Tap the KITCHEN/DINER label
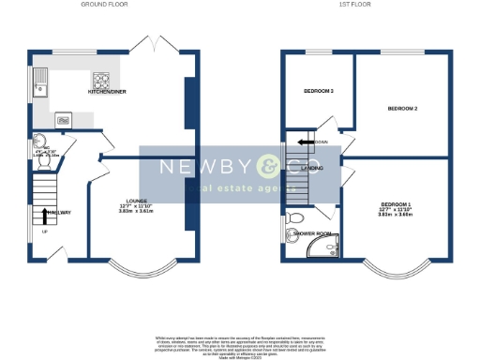pos(107,92)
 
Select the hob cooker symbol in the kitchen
pos(102,80)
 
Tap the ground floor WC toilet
pos(43,158)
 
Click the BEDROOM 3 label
pos(319,91)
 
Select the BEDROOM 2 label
pos(402,109)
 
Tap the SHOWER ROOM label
pos(311,233)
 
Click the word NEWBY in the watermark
pos(195,168)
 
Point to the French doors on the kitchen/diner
pos(153,45)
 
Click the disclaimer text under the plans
pos(240,344)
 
